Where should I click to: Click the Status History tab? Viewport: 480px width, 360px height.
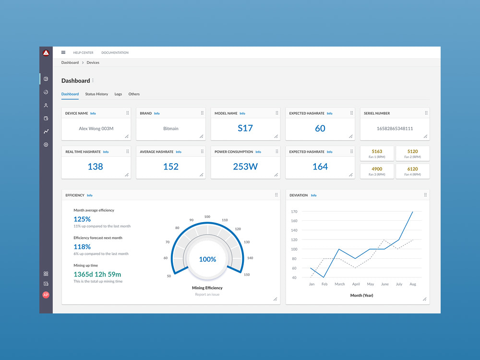point(96,94)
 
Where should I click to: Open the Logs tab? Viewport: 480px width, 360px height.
point(118,94)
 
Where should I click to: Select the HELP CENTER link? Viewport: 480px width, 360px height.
point(83,53)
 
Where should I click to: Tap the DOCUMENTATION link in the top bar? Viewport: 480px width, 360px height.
point(115,53)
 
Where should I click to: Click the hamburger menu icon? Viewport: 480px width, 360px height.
point(63,52)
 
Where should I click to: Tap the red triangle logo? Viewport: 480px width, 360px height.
point(46,53)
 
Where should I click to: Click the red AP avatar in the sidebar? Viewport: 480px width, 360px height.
point(46,295)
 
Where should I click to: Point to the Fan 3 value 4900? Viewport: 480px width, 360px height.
point(377,169)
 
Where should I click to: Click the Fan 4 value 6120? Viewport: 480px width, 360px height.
point(413,169)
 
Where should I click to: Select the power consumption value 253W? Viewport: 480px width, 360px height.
point(245,167)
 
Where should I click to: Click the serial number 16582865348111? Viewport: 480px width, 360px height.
point(395,129)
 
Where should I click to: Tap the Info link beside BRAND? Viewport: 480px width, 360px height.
point(157,114)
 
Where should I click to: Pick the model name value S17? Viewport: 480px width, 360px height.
point(245,128)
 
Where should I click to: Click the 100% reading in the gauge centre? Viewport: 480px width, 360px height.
point(207,259)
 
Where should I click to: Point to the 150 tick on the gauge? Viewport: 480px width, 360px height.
point(247,275)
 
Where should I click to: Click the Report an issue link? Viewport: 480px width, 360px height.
point(207,295)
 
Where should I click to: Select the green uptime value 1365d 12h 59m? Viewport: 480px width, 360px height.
point(97,274)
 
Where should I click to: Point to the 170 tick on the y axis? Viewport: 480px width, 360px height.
point(294,212)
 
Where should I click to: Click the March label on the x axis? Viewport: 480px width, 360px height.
point(340,284)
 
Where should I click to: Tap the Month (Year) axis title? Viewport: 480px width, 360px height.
point(361,295)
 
